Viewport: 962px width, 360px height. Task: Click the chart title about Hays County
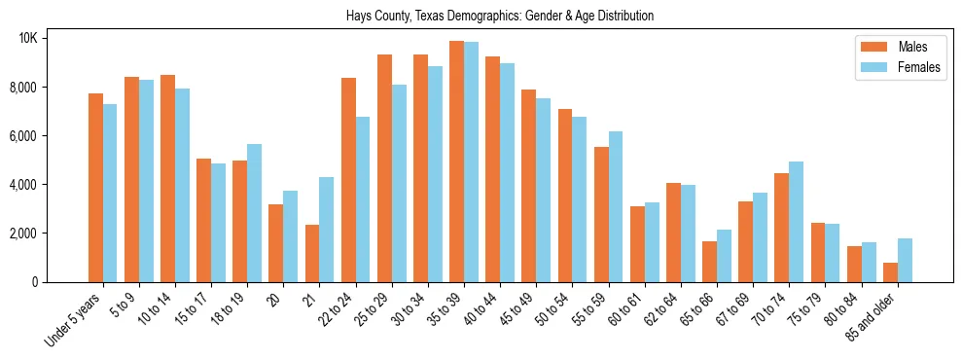(x=500, y=17)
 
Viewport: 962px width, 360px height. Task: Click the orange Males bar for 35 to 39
(x=456, y=162)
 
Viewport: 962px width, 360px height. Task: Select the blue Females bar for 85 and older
(x=905, y=260)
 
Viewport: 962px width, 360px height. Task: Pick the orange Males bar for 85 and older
(x=890, y=272)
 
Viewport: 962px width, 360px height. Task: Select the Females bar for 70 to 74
(x=797, y=222)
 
